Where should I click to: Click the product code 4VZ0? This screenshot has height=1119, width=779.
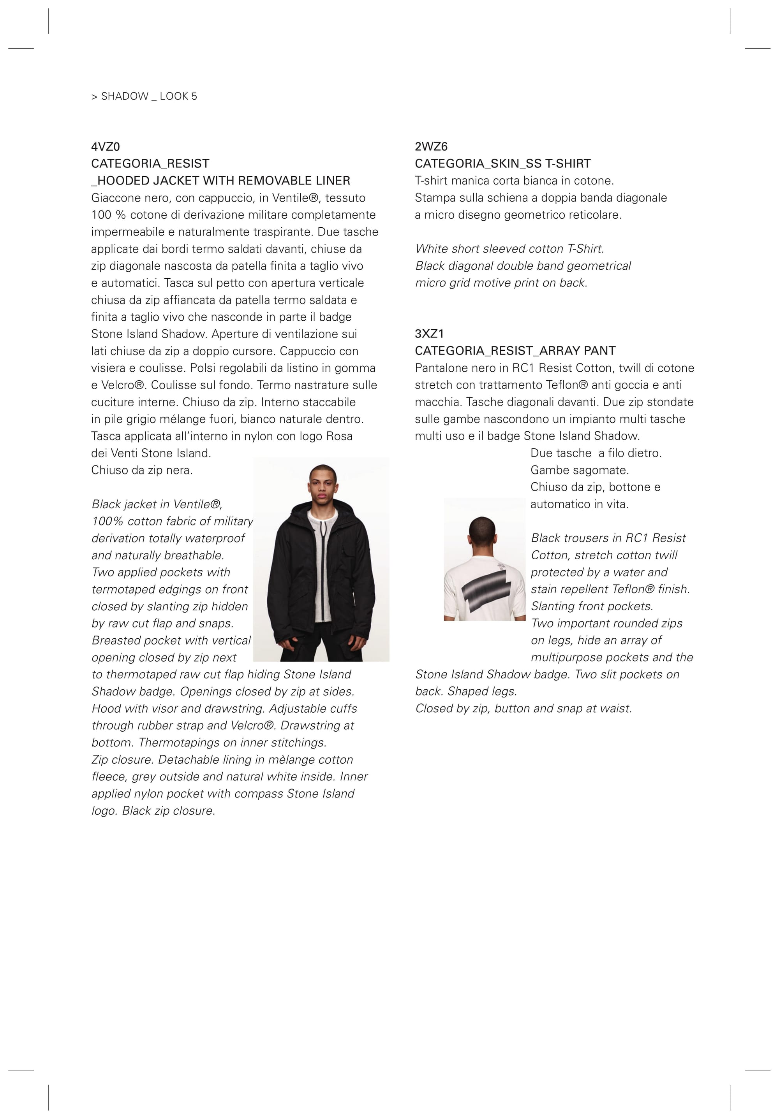(x=106, y=147)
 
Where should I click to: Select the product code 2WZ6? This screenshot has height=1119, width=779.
(x=431, y=147)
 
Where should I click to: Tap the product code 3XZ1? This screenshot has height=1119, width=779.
(x=429, y=334)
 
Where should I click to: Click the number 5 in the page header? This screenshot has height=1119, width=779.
(x=194, y=97)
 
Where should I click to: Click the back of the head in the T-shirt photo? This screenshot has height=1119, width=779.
(x=482, y=531)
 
